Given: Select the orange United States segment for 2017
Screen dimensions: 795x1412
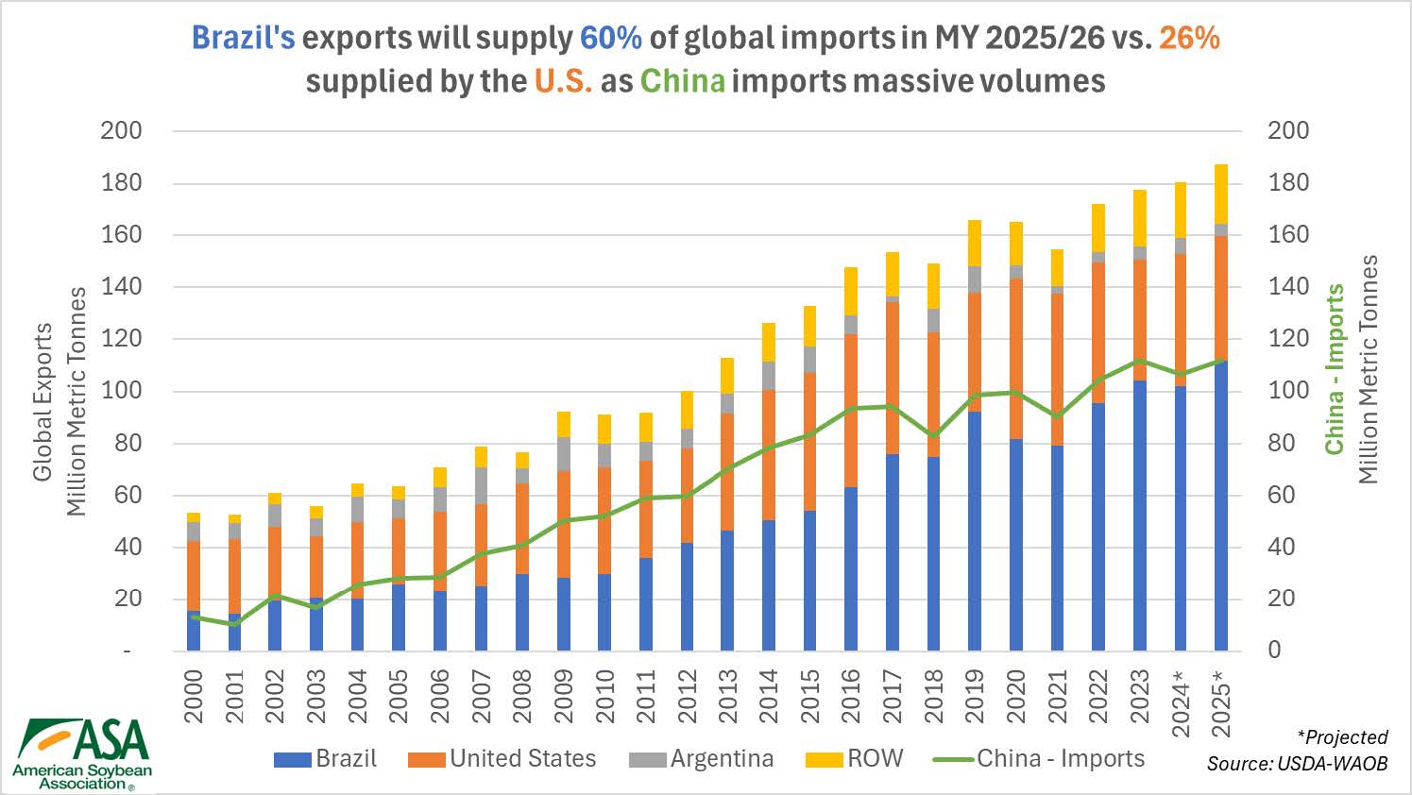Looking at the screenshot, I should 893,378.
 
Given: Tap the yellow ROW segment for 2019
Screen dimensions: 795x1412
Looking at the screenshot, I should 974,243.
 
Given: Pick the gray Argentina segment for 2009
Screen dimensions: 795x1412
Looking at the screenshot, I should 563,453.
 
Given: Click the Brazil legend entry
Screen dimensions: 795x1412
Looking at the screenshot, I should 326,758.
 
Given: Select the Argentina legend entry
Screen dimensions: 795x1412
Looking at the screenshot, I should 701,758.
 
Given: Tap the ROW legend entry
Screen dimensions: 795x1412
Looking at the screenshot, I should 855,758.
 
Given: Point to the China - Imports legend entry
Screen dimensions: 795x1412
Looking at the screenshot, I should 1039,758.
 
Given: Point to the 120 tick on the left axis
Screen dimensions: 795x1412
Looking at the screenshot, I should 121,338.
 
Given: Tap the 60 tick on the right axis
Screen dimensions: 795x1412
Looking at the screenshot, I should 1288,495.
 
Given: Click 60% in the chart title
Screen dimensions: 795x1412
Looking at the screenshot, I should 611,37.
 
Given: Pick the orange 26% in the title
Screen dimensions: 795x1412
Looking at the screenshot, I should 1188,37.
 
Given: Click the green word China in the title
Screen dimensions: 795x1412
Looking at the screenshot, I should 683,80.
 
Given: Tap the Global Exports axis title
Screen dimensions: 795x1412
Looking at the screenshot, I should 43,401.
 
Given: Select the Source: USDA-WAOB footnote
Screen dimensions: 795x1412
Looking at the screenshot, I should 1297,763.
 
